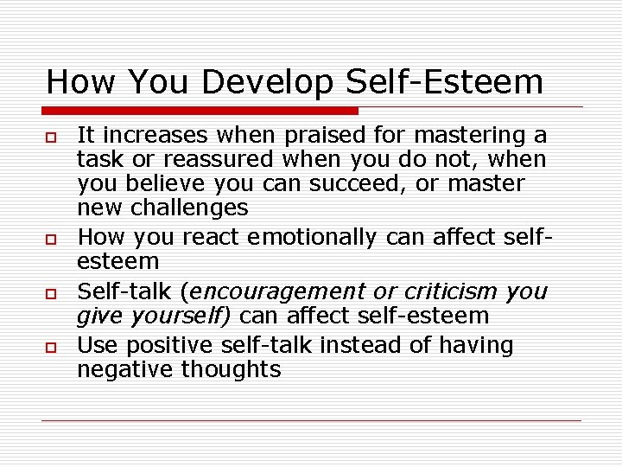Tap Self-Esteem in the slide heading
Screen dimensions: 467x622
point(445,82)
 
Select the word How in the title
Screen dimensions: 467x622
point(79,82)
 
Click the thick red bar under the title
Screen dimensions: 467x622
point(200,111)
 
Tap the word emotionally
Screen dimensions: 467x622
point(312,237)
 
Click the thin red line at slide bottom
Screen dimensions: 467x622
point(311,421)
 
